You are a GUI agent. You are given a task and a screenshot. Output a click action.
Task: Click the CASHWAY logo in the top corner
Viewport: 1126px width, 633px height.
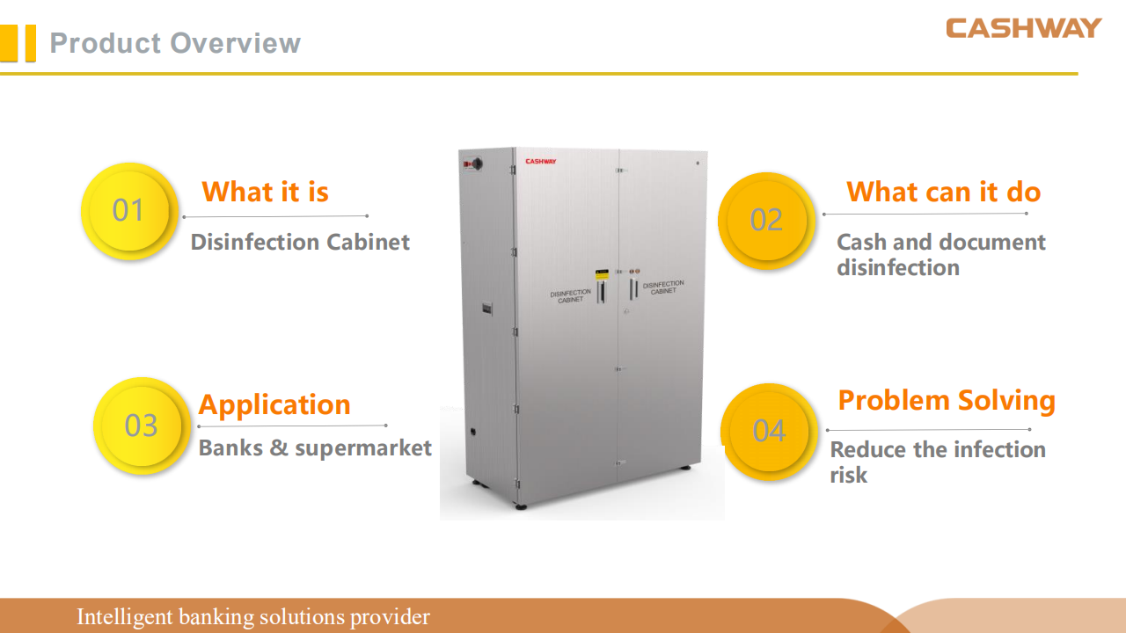point(1023,28)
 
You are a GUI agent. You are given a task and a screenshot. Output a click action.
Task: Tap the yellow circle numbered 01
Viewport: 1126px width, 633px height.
point(129,210)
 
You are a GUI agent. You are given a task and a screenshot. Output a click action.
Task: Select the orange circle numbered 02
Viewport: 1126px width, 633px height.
point(766,220)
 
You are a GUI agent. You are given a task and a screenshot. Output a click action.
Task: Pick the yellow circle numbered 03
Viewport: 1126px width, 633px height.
point(142,426)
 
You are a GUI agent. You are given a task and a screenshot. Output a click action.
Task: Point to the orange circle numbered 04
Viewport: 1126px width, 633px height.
point(769,431)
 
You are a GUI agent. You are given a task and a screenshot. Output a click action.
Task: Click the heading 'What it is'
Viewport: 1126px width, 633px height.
point(266,192)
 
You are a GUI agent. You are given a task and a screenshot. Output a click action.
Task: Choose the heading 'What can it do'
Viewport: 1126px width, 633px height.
point(944,192)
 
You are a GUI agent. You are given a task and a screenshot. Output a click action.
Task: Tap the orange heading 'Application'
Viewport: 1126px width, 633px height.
point(274,405)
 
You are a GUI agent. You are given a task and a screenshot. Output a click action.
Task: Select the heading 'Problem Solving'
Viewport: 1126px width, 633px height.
point(947,401)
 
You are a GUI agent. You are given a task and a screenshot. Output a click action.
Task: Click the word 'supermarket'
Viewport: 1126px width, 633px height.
point(363,448)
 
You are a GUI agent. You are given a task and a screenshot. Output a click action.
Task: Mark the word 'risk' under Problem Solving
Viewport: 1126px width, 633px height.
point(849,475)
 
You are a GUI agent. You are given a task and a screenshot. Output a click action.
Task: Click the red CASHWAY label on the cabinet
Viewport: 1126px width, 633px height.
point(541,161)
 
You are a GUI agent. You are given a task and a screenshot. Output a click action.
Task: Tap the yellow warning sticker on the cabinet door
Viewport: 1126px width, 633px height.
point(602,275)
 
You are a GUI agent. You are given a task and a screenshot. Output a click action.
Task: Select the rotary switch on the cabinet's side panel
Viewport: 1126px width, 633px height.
point(475,164)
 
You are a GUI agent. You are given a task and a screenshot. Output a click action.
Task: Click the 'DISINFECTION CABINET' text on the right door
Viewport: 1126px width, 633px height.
point(663,287)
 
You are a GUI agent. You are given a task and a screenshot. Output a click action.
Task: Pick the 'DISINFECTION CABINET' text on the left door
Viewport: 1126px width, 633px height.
point(571,296)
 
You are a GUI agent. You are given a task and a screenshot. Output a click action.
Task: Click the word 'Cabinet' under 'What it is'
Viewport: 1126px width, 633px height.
point(368,242)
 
